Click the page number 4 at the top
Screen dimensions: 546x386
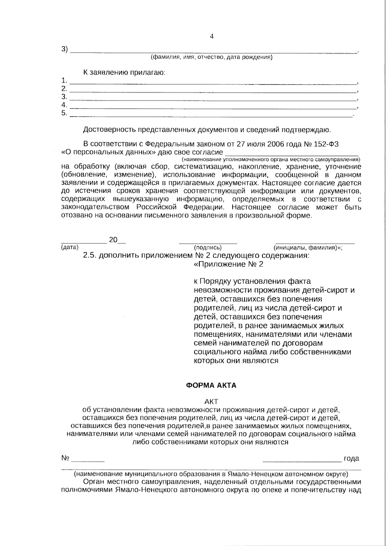coord(212,36)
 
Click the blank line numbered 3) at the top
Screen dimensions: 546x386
coord(214,51)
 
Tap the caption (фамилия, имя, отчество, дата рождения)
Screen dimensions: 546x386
coord(212,58)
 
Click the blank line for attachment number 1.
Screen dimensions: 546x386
coord(214,82)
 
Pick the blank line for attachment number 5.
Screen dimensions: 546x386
coord(211,115)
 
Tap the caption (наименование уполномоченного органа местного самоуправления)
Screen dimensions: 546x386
coord(271,160)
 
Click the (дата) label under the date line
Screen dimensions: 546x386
coord(70,247)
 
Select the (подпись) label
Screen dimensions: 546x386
coord(208,248)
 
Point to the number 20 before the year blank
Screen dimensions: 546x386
coord(113,240)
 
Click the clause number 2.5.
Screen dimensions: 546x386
coord(90,256)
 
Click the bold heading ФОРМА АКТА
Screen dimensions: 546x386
coord(211,385)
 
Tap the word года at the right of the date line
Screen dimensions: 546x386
coord(351,458)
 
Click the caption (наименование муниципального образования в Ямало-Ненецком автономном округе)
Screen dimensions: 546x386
coord(211,474)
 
